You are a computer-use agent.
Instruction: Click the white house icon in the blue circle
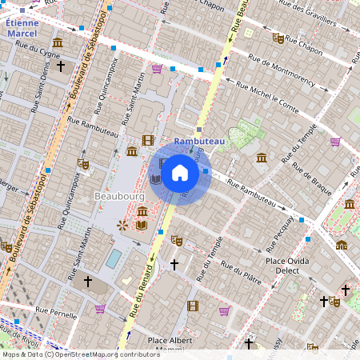(180, 172)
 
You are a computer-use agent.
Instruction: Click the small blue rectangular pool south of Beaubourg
(114, 258)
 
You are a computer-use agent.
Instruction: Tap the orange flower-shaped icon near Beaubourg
(122, 225)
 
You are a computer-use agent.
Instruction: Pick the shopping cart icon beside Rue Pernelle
(100, 308)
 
